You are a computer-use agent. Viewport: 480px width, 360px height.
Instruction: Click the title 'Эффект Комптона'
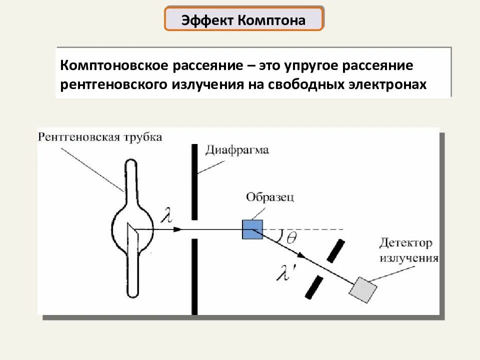(243, 19)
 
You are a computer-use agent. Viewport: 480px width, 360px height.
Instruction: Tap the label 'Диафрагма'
(237, 150)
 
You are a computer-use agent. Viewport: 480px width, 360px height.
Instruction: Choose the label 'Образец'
(270, 196)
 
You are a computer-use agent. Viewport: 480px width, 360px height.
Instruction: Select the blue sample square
(252, 229)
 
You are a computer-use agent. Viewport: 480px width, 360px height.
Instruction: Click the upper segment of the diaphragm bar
(194, 182)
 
